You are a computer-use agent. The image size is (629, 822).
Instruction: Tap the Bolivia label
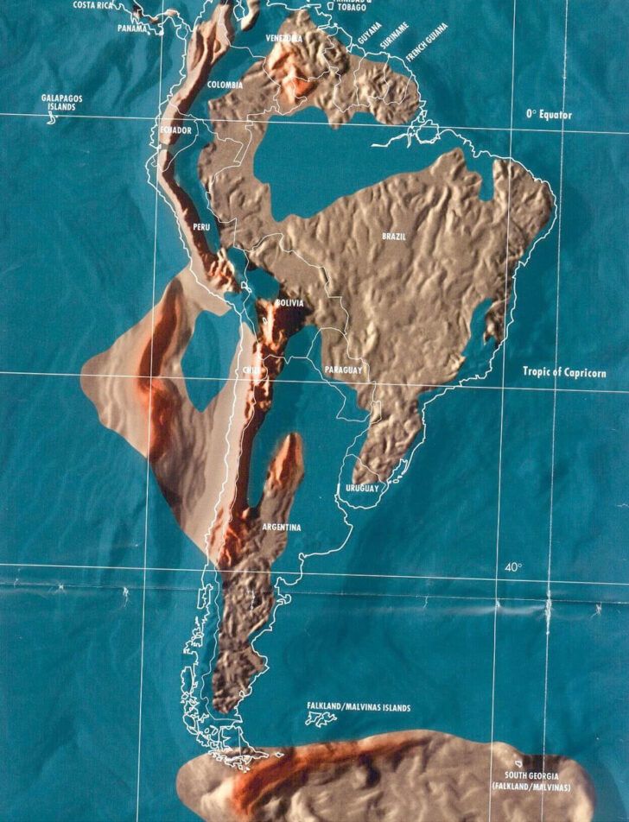click(x=289, y=303)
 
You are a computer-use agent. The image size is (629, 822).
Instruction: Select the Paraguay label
click(x=343, y=370)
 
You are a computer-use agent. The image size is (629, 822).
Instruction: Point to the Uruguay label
click(x=362, y=489)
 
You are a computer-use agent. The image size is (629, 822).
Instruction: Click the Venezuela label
click(x=284, y=39)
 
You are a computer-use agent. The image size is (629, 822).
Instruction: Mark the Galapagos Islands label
click(x=61, y=103)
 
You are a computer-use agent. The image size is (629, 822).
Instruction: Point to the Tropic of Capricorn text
click(x=564, y=372)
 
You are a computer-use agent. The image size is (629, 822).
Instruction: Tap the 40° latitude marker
click(x=513, y=567)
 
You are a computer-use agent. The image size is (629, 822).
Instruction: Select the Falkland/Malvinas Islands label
click(x=358, y=708)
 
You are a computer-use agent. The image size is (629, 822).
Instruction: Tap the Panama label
click(x=132, y=28)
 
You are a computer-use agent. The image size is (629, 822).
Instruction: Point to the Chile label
click(x=251, y=370)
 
